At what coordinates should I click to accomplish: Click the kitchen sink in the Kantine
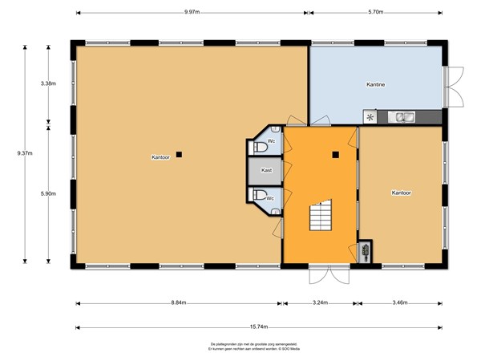(x=402, y=117)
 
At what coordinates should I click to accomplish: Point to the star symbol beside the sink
(x=370, y=117)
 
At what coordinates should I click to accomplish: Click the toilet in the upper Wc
(x=260, y=148)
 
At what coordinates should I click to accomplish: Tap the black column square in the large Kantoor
(x=180, y=154)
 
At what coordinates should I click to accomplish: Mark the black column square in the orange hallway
(x=337, y=154)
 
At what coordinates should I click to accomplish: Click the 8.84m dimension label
(x=178, y=302)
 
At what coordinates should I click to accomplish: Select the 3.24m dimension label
(x=320, y=302)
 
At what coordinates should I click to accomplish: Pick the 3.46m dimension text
(x=401, y=302)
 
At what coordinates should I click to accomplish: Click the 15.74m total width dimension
(x=259, y=327)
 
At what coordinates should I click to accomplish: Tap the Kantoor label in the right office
(x=401, y=193)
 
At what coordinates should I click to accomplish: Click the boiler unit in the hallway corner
(x=366, y=250)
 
